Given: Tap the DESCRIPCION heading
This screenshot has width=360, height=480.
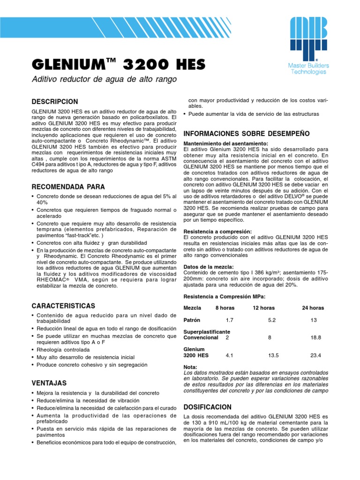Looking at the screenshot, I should [54, 102].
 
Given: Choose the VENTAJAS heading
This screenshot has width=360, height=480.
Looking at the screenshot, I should [49, 383].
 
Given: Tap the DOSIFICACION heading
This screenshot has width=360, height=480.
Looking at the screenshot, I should [208, 407].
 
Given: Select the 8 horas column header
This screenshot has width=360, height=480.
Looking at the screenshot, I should [225, 308].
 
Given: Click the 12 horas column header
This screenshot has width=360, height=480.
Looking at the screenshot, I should [263, 308].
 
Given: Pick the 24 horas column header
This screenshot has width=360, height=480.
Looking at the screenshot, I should [313, 308].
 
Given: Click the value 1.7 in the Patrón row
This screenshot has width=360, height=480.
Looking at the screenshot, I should [229, 320].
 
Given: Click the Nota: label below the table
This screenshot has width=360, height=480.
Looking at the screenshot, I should [190, 367].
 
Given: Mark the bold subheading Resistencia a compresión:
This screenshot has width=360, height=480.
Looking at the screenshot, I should [217, 232].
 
